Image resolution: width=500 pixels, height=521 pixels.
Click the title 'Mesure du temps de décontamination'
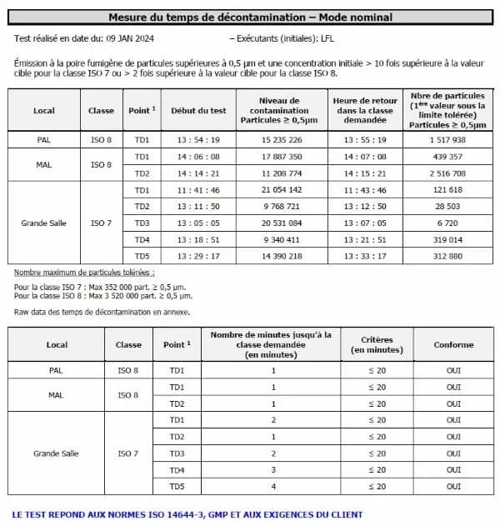point(250,17)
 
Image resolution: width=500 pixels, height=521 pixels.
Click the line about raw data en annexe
point(102,312)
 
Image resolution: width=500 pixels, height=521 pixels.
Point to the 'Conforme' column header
point(453,344)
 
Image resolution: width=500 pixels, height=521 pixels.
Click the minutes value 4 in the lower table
point(272,486)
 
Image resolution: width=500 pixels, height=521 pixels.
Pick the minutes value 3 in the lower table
point(272,469)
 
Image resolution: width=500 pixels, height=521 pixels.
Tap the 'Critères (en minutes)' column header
point(376,344)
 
